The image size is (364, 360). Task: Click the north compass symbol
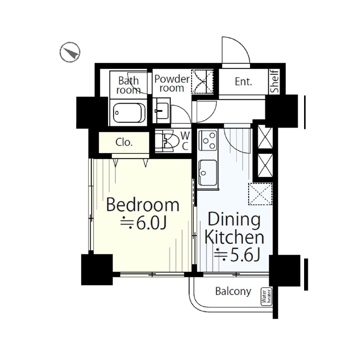click(x=70, y=52)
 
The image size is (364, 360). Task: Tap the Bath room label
click(x=128, y=85)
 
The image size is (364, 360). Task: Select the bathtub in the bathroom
click(x=129, y=113)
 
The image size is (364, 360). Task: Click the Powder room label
click(x=172, y=84)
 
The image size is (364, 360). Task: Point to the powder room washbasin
click(x=161, y=110)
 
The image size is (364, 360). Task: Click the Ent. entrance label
click(x=243, y=82)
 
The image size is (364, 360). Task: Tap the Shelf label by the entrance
click(x=275, y=81)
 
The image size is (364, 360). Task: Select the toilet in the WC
click(x=167, y=141)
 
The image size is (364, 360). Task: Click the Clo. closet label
click(x=124, y=143)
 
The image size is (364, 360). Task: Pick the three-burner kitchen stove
click(x=208, y=140)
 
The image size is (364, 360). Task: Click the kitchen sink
click(x=208, y=173)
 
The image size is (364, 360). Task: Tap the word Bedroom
click(x=143, y=205)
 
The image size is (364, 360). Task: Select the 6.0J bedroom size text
click(x=143, y=223)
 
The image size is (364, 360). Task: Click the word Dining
click(x=234, y=219)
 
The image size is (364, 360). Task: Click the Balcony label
click(x=233, y=291)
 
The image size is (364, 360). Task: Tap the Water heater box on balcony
click(x=266, y=296)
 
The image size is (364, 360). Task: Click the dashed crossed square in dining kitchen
click(x=260, y=194)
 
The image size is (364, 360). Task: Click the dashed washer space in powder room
click(x=202, y=82)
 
